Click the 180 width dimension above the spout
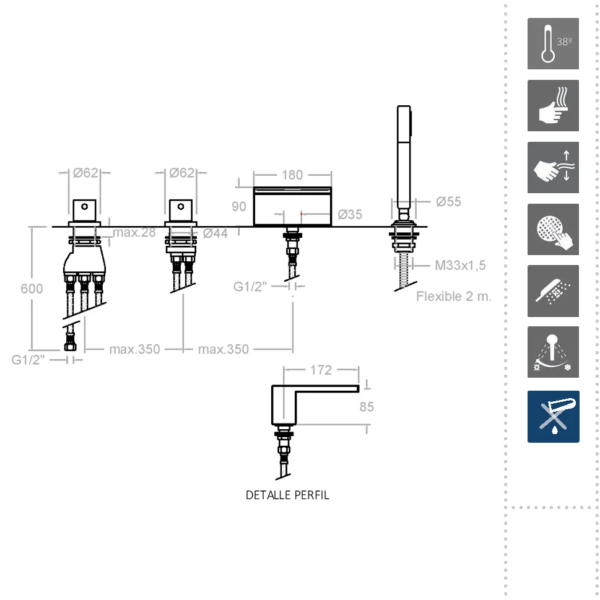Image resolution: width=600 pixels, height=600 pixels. pos(292,175)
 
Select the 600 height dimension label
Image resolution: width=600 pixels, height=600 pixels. pos(32,289)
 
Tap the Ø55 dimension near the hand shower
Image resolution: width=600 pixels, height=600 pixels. pos(448,202)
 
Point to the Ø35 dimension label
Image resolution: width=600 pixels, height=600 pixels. pos(350,215)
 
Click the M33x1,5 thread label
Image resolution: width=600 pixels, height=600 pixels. pos(460,265)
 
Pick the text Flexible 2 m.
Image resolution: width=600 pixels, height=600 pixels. pos(454,296)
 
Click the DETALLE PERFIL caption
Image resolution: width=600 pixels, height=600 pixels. pos(287,495)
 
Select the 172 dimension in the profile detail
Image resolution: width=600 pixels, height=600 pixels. pos(321,370)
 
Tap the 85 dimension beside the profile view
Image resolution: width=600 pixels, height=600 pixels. pos(367,407)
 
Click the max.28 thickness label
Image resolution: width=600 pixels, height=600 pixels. pos(134,232)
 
